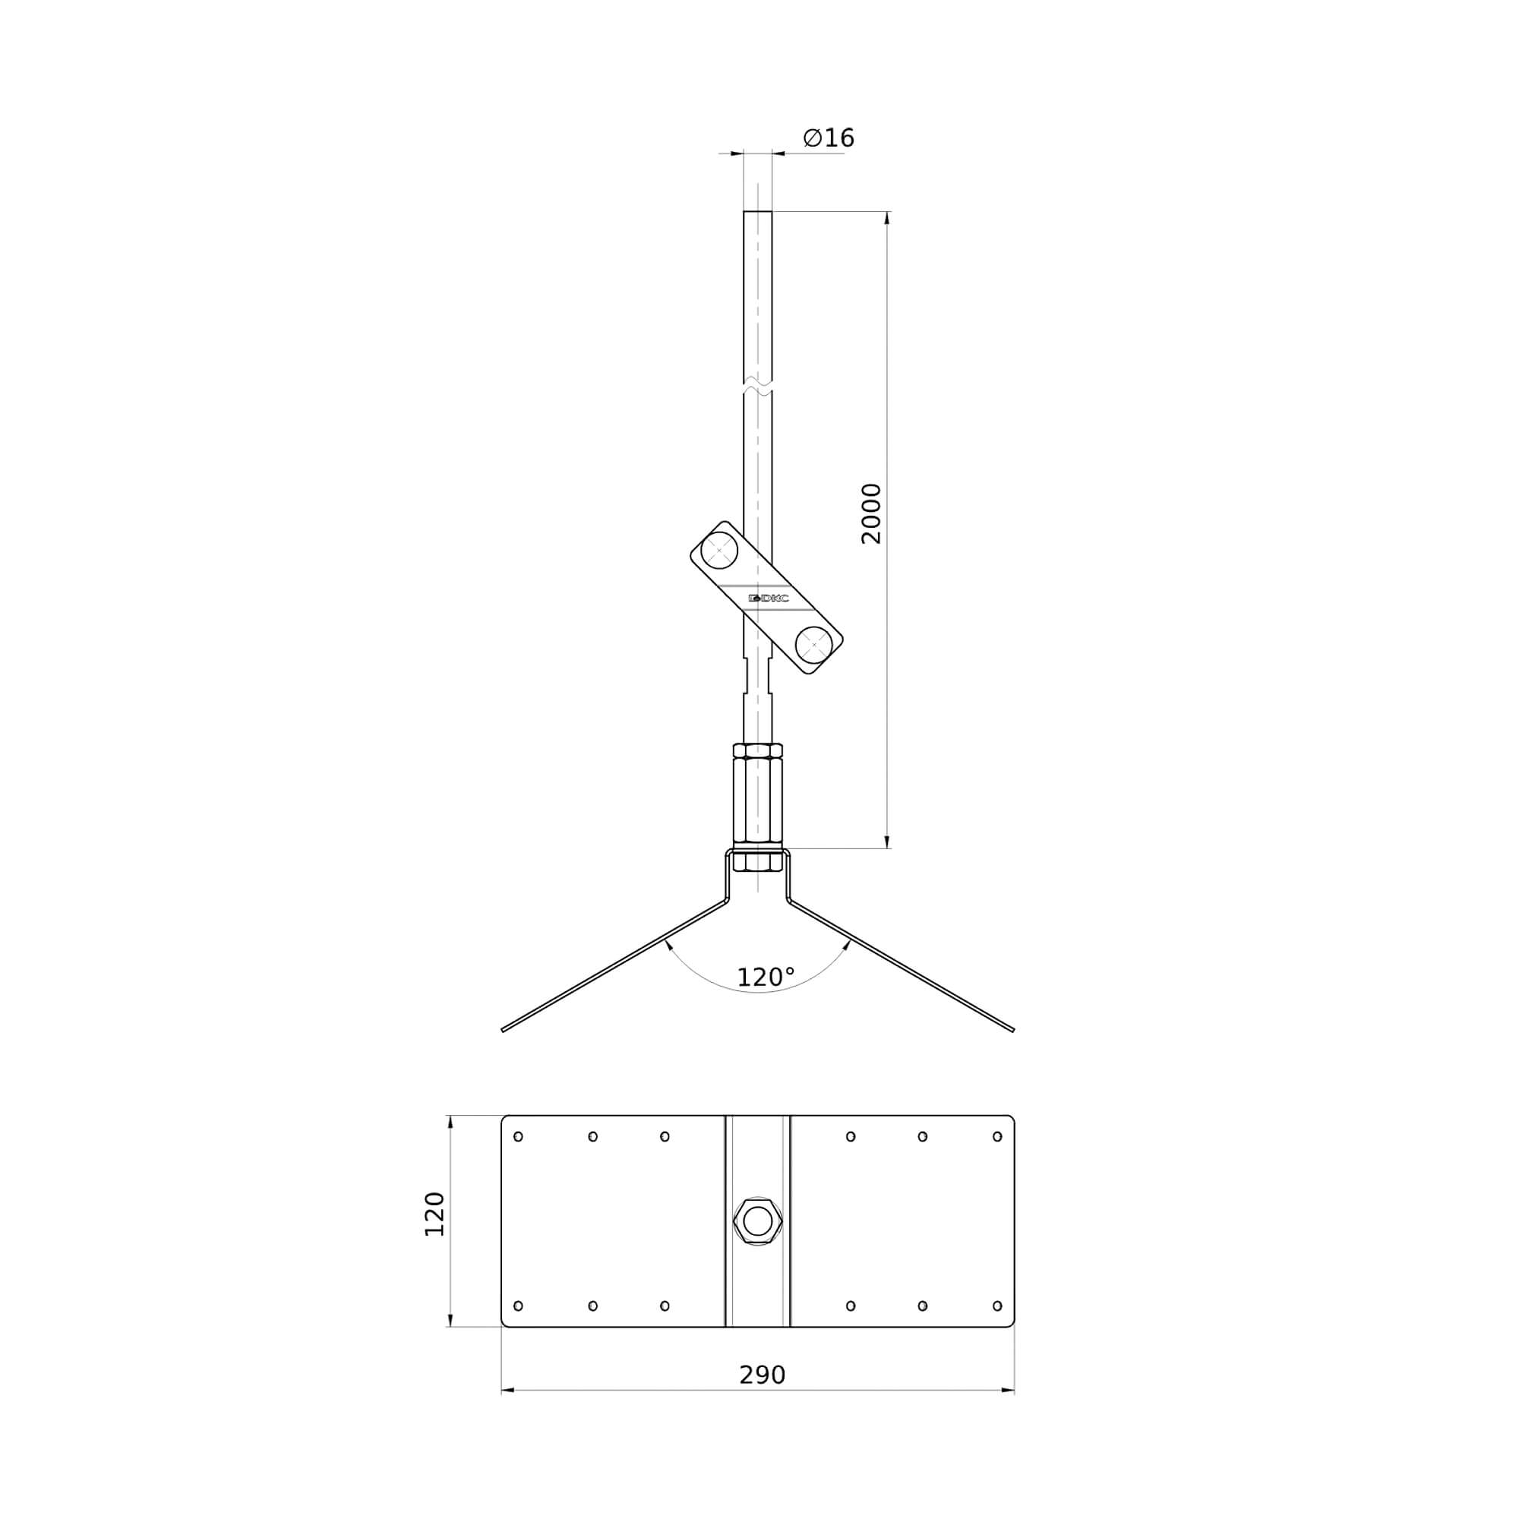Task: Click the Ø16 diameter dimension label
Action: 828,138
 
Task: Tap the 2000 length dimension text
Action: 871,514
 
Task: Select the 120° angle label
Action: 766,977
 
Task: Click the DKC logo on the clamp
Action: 768,598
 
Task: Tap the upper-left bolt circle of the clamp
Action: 718,551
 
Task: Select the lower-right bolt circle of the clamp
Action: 813,645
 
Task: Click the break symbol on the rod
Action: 758,387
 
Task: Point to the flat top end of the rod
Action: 758,211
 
